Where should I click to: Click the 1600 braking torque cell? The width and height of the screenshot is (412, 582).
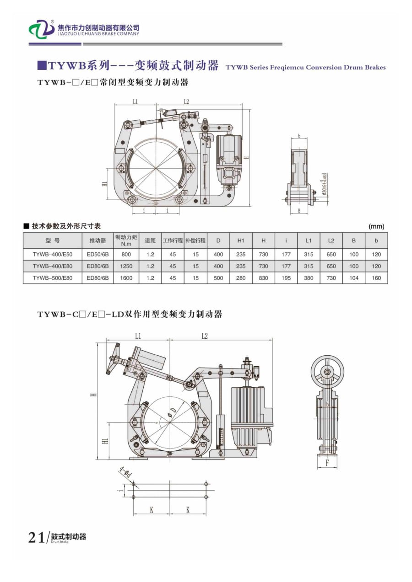coord(126,278)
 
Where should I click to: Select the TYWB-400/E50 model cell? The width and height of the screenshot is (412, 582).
coord(52,254)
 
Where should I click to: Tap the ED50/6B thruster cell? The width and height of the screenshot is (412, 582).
coord(98,254)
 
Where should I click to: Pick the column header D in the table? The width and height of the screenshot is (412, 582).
coord(218,240)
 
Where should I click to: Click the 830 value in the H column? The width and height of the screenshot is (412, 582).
coord(263,278)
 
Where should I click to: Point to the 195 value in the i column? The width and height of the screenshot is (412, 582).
coord(286,278)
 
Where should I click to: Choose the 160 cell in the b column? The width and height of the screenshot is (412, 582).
coord(376,278)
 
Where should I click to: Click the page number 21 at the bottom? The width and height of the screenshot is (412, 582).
coord(36,537)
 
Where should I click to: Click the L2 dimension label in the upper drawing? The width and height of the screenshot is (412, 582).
coord(186,101)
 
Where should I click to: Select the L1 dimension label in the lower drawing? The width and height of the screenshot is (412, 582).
coord(138,336)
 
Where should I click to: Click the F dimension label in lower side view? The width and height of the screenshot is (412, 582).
coord(327,463)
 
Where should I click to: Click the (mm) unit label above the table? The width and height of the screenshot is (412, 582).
coord(376,226)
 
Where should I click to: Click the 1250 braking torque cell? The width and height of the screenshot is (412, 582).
coord(126,266)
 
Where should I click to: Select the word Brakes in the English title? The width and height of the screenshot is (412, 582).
coord(375,67)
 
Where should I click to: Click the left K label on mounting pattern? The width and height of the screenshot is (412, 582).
coord(152,510)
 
